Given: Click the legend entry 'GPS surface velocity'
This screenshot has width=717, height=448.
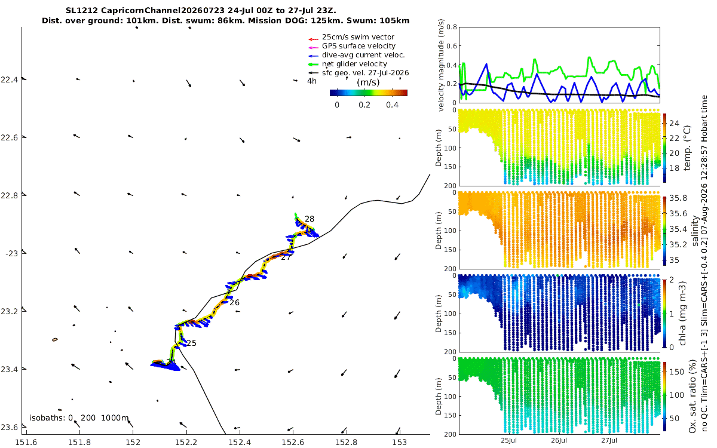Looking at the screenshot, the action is [358, 46].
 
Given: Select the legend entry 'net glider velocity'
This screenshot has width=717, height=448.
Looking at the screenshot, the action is [354, 64].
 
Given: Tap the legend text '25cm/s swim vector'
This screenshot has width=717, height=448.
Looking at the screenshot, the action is [358, 37].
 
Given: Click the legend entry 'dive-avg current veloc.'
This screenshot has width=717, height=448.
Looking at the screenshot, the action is [363, 55].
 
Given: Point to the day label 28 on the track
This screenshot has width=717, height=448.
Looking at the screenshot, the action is [310, 219].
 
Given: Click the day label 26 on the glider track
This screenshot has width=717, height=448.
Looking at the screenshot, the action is [234, 302].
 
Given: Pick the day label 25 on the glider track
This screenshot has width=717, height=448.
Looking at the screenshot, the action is [191, 343].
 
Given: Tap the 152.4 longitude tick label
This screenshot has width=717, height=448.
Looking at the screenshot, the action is [240, 442].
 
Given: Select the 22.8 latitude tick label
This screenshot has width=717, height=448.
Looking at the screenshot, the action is [10, 195].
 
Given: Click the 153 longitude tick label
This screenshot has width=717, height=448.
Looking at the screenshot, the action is [400, 442].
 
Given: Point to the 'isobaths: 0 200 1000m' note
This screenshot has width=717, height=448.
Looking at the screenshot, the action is [79, 418].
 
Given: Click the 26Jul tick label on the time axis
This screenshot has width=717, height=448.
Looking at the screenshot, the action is [559, 440].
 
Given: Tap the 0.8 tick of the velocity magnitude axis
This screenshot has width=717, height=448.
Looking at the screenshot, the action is [452, 27].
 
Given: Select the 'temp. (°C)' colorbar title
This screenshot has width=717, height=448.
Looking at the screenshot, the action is [687, 148].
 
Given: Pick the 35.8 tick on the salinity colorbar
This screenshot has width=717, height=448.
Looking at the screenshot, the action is [678, 198].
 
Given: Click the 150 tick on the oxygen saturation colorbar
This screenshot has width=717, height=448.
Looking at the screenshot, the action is [676, 372].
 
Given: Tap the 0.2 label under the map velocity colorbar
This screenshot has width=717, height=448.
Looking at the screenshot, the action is [364, 105].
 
